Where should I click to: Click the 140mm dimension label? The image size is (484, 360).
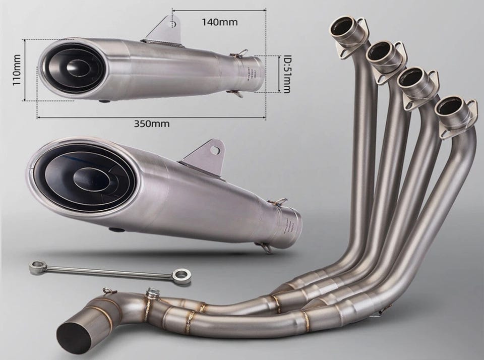click(x=220, y=22)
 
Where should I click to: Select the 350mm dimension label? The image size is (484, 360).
click(x=152, y=124)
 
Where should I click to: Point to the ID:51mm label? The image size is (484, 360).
click(x=286, y=74)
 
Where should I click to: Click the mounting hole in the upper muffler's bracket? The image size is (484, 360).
click(x=174, y=24)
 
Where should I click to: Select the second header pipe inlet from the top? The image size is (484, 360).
click(x=379, y=51)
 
